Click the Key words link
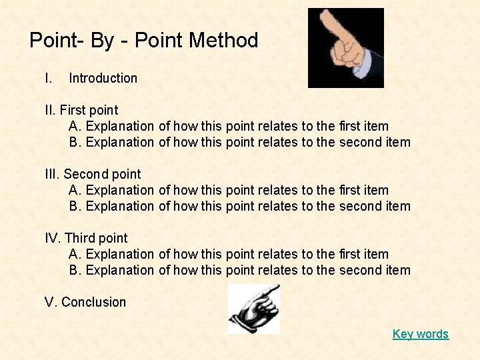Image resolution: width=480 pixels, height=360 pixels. [421, 334]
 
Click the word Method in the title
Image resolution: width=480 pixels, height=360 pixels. [223, 41]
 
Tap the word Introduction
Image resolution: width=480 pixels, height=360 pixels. [103, 78]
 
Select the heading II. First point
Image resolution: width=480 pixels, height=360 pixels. [81, 110]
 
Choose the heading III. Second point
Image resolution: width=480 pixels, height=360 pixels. [93, 174]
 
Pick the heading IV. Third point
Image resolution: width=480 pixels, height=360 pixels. [86, 238]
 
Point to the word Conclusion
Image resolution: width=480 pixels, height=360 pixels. [93, 302]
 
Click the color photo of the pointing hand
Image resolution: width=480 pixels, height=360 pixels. [345, 48]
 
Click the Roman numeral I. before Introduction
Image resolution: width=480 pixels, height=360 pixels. [47, 78]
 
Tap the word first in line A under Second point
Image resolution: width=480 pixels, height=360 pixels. [350, 190]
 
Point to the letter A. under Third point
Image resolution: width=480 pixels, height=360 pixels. [75, 254]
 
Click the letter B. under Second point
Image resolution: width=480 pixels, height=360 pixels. [75, 206]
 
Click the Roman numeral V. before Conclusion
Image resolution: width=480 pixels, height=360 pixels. [51, 302]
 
